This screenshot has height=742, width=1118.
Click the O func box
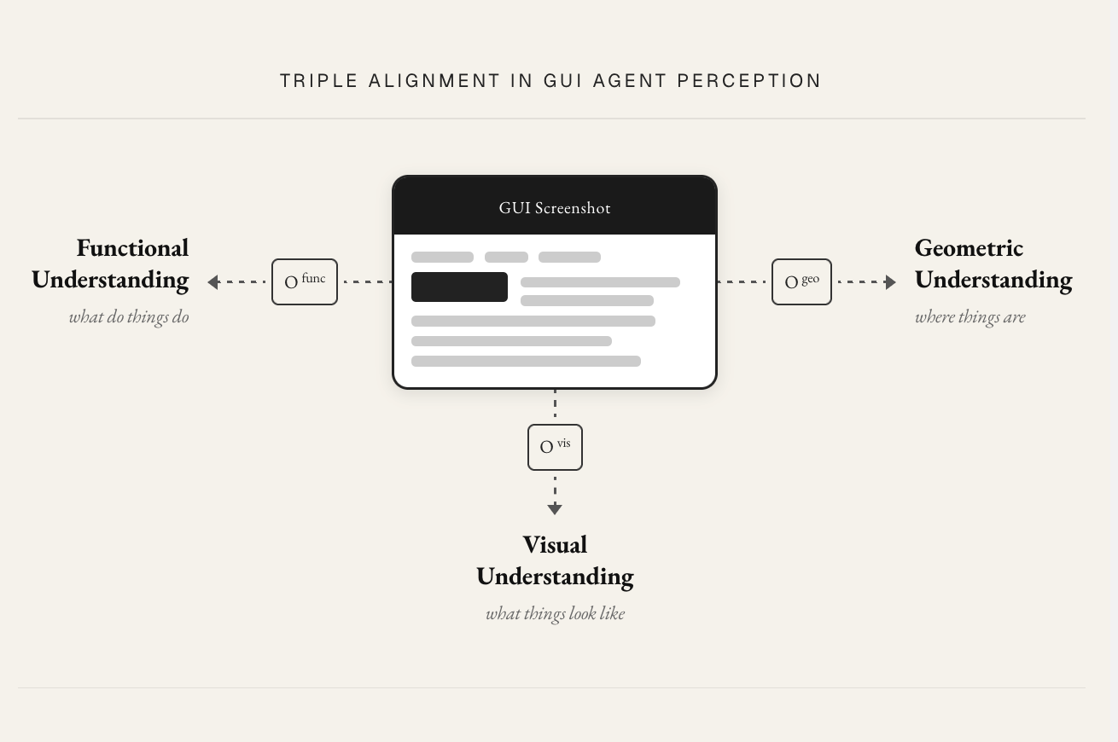pos(305,281)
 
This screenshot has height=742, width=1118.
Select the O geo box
pos(801,281)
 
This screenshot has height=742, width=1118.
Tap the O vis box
pos(555,447)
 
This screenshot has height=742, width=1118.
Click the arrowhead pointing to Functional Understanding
pos(213,282)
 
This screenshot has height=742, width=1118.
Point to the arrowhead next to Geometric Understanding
pos(890,282)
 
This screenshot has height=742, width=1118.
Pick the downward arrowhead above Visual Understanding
pos(555,509)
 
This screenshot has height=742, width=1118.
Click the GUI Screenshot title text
pos(555,208)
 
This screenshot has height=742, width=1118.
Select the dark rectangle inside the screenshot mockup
pos(459,287)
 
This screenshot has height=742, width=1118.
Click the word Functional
pos(132,248)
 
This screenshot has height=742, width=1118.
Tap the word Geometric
pos(970,248)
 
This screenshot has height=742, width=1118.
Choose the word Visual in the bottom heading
pos(555,544)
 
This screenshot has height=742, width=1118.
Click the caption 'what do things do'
pos(129,317)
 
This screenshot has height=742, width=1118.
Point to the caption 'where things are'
pos(970,317)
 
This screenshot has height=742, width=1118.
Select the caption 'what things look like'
pos(555,614)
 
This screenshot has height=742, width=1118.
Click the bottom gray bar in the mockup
pos(526,361)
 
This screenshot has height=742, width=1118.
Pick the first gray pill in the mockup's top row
pos(442,257)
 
